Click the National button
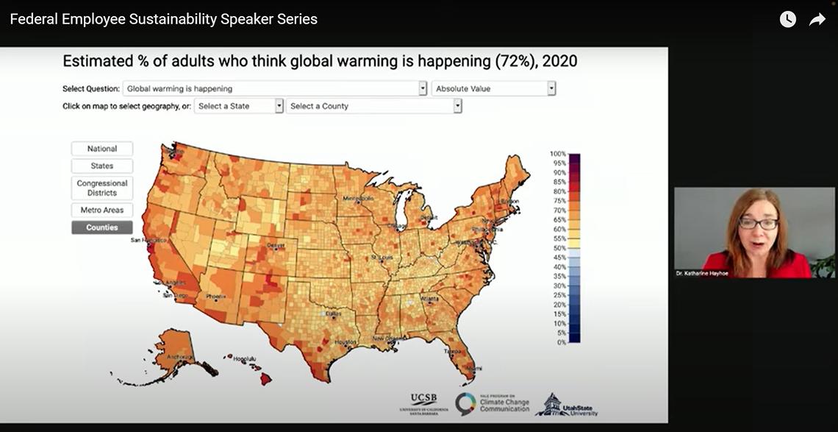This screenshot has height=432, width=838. click(x=101, y=149)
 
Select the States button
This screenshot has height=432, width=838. click(x=101, y=166)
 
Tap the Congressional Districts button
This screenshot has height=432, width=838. click(x=101, y=188)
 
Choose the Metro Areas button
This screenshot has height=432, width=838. click(x=101, y=210)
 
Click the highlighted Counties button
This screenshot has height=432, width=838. click(x=101, y=227)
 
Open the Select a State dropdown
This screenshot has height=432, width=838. click(x=239, y=106)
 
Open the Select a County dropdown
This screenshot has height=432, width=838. click(x=373, y=106)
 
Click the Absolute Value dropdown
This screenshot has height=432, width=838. click(x=493, y=88)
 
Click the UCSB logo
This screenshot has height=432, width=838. click(x=423, y=402)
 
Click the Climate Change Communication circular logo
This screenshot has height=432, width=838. click(x=465, y=403)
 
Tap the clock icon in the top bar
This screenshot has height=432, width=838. click(x=787, y=20)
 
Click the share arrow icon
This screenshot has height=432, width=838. click(x=817, y=20)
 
